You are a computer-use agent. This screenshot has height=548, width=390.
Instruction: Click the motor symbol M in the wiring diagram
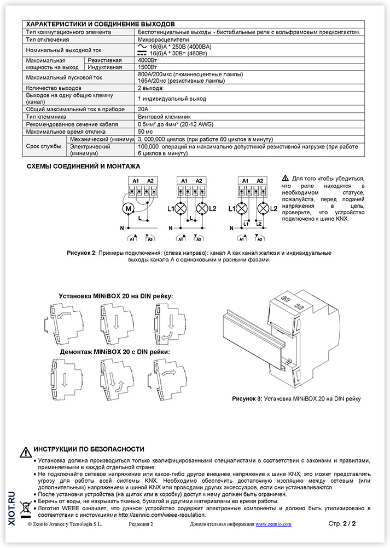tap(129, 209)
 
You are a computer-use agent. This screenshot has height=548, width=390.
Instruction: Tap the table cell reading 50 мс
tap(145, 132)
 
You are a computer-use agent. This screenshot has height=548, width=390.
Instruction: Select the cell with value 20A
tap(143, 109)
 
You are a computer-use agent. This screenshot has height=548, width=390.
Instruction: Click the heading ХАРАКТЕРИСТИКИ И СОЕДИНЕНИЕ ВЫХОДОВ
tap(101, 24)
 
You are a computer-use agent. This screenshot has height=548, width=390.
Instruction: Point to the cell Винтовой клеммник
tap(164, 117)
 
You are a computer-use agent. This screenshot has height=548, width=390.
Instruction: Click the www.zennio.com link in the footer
tap(273, 524)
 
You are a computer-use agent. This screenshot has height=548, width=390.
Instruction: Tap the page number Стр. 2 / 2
tap(342, 523)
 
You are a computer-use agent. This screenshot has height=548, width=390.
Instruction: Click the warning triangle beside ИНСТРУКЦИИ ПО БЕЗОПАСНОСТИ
tap(26, 452)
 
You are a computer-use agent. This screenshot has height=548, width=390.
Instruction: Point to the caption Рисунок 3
tap(247, 398)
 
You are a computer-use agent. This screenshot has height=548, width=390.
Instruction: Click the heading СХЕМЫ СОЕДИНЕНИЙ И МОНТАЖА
tap(83, 167)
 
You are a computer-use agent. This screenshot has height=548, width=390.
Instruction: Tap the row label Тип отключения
tap(48, 39)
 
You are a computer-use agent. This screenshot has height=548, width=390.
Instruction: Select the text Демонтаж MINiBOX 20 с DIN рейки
tap(115, 352)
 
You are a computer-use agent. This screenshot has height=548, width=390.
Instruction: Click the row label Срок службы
tap(43, 146)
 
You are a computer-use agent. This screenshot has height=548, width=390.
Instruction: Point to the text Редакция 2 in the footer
tap(141, 524)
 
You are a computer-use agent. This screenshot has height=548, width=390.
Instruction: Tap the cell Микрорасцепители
tap(163, 39)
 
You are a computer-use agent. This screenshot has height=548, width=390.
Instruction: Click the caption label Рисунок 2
tap(82, 253)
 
